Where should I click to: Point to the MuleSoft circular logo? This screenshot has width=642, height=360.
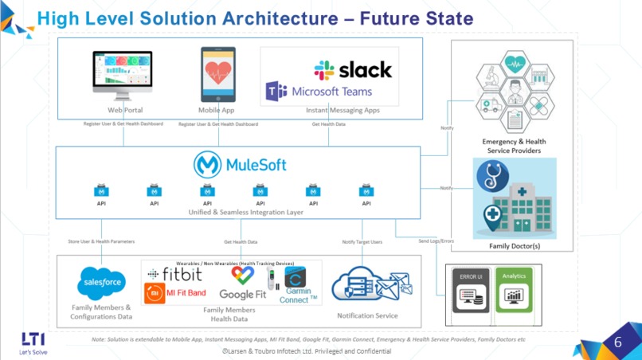[x=207, y=165]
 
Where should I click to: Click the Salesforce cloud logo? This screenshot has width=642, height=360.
[x=101, y=283]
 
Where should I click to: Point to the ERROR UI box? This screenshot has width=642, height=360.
[x=472, y=288]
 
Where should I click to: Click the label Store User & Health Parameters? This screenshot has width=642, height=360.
[x=101, y=241]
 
